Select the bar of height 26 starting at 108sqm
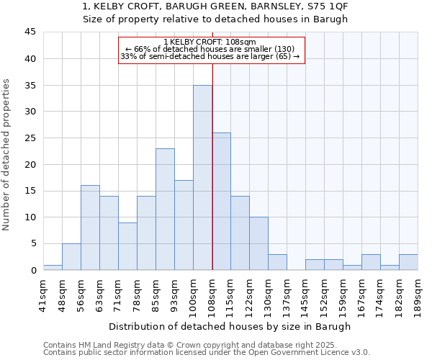221,201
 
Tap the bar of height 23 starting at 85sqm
165,209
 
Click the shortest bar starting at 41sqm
53,267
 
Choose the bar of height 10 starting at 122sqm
258,243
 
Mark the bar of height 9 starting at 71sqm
127,246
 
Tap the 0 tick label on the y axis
33,270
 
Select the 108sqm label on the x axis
212,294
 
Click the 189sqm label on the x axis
418,294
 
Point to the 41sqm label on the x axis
43,294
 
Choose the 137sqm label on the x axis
287,294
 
